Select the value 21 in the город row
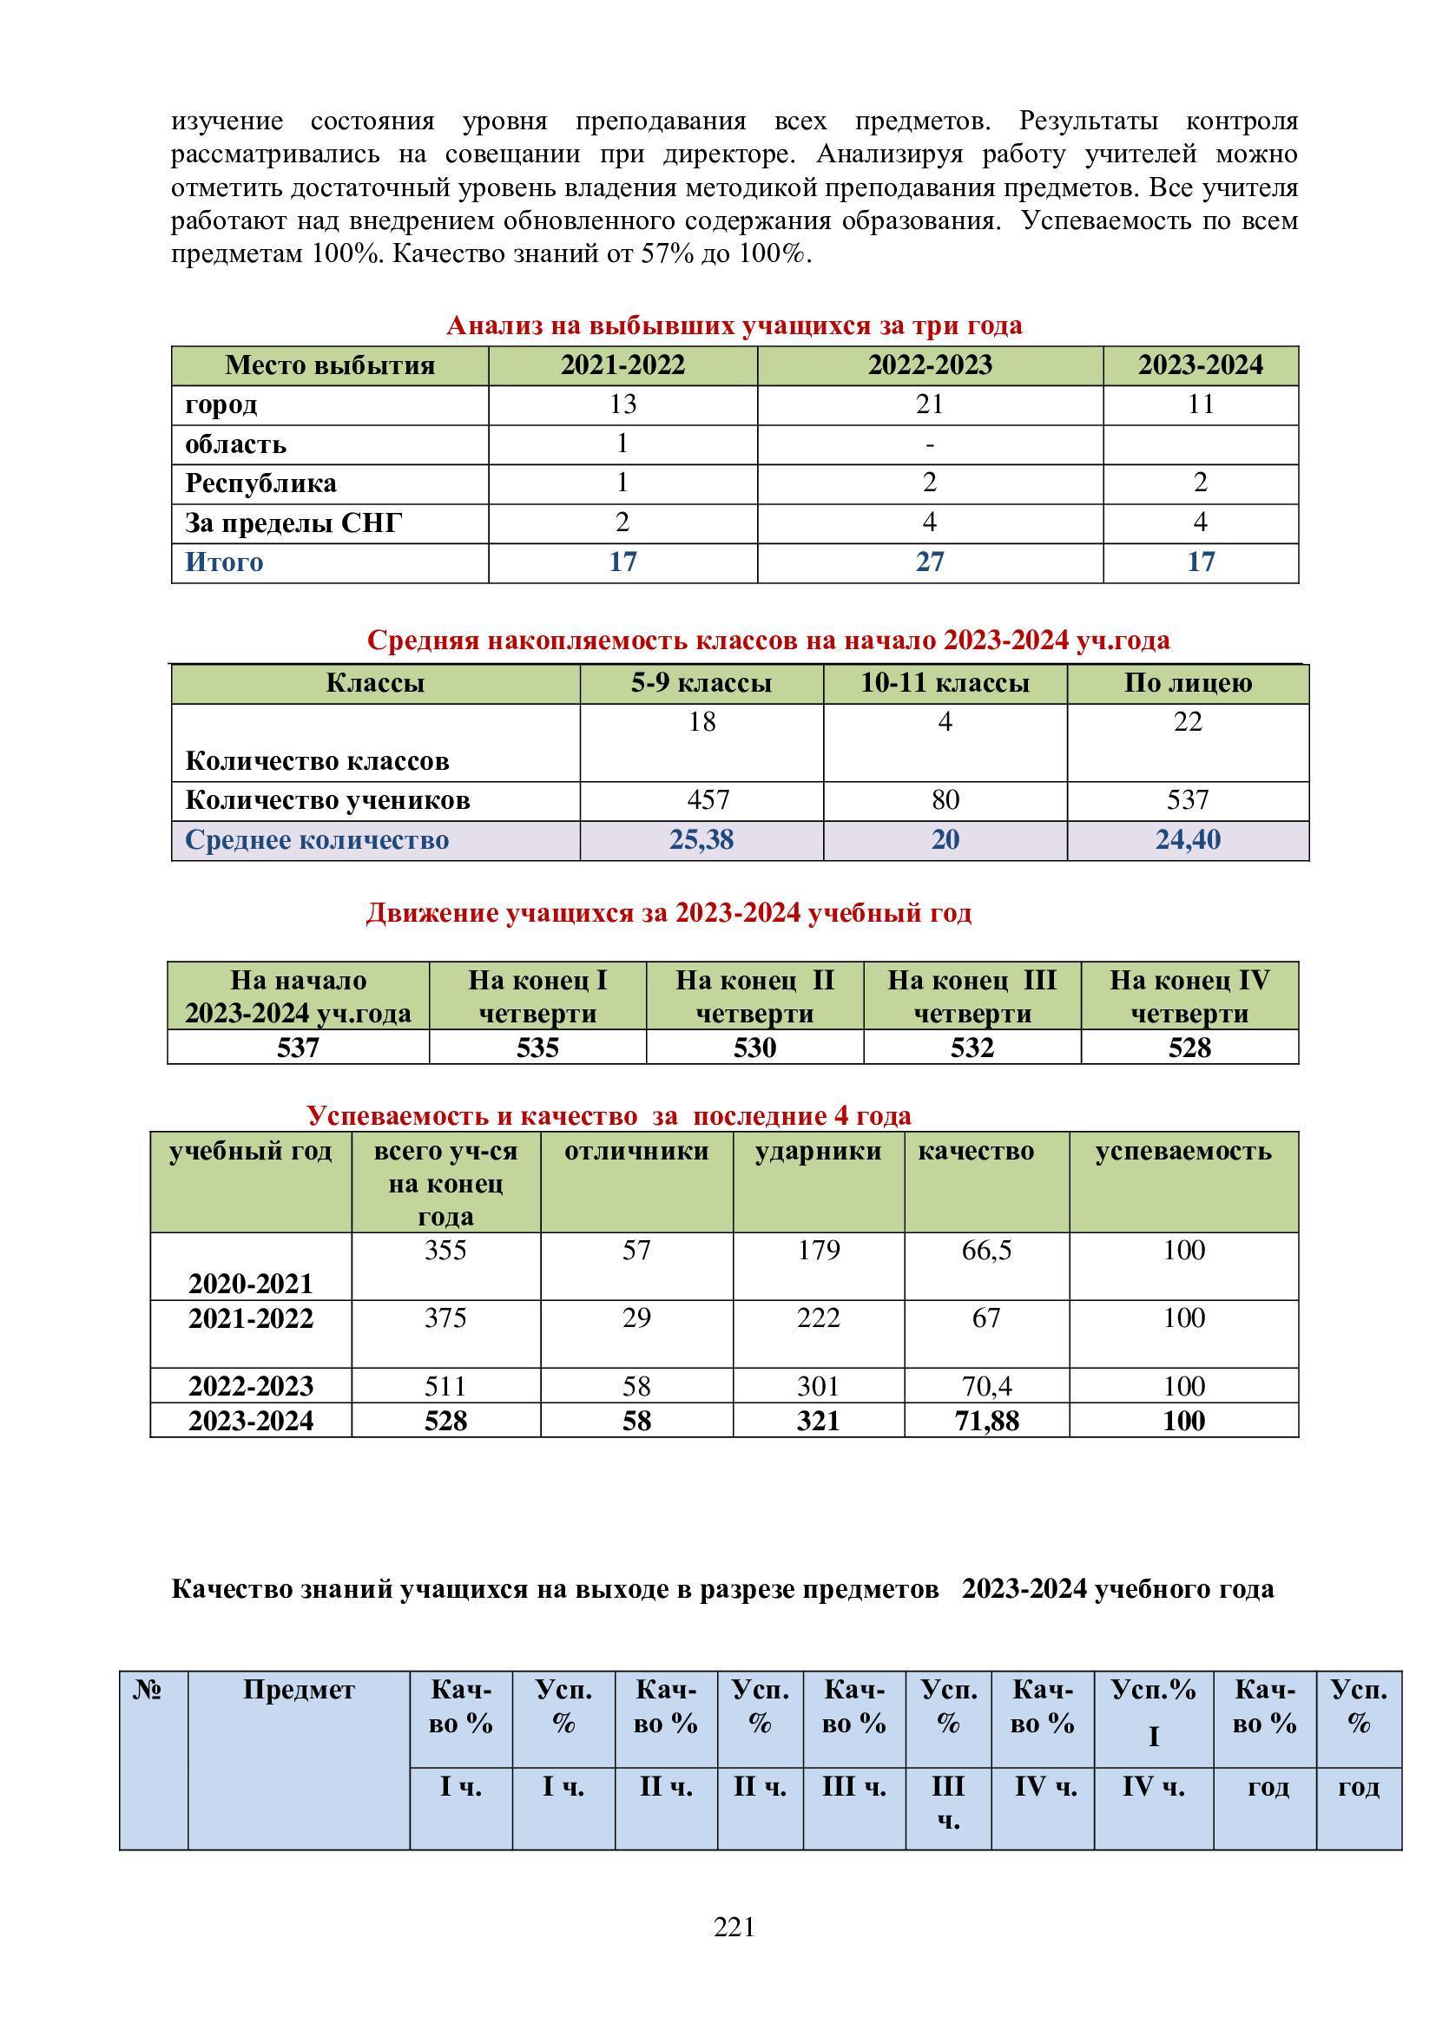click(929, 404)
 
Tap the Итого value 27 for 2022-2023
click(929, 562)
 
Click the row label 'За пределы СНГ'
click(293, 523)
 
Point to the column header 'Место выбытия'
click(329, 365)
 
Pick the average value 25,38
click(702, 839)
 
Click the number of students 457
click(708, 800)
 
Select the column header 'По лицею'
click(1188, 682)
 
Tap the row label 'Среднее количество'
click(317, 839)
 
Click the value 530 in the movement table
click(754, 1048)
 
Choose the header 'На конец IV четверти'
click(1189, 996)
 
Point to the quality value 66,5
click(986, 1250)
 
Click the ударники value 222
click(818, 1318)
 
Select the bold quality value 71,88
click(986, 1421)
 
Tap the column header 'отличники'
click(636, 1151)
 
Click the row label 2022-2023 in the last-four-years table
click(250, 1385)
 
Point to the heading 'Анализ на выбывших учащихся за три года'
click(734, 325)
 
